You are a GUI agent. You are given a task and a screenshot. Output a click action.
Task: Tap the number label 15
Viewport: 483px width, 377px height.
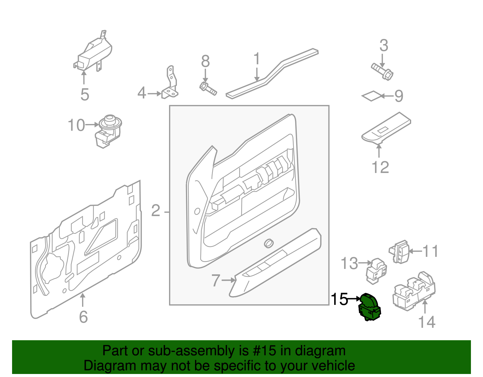click(x=339, y=299)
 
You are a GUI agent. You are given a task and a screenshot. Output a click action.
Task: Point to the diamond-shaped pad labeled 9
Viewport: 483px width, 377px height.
click(x=371, y=96)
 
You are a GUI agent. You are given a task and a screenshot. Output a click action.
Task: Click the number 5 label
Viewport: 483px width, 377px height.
click(x=85, y=94)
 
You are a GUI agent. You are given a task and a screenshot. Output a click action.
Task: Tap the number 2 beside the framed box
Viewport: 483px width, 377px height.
click(x=155, y=210)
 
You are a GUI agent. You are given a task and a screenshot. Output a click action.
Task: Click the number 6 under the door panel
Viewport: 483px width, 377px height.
click(x=83, y=317)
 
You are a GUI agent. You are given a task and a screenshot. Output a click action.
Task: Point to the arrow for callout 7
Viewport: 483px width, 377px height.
click(x=228, y=280)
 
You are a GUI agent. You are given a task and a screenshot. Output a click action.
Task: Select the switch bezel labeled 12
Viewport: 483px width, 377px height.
click(x=386, y=129)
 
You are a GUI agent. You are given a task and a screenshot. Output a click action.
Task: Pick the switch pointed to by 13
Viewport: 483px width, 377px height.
click(x=376, y=270)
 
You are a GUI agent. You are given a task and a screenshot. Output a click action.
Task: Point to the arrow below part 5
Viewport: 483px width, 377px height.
click(x=84, y=77)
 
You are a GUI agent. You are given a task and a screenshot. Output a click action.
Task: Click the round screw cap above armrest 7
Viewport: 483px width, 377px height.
click(x=268, y=243)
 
